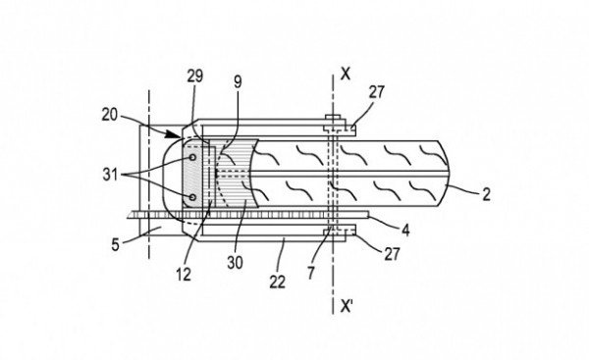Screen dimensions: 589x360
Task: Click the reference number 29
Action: point(195,77)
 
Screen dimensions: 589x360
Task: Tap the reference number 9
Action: point(239,82)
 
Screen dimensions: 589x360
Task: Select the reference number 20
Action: point(110,115)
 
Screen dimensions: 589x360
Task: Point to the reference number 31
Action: point(110,175)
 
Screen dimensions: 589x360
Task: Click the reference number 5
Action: point(115,245)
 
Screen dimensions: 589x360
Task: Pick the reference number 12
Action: point(184,276)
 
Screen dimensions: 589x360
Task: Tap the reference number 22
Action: point(278,282)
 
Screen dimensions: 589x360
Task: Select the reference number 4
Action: point(405,230)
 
